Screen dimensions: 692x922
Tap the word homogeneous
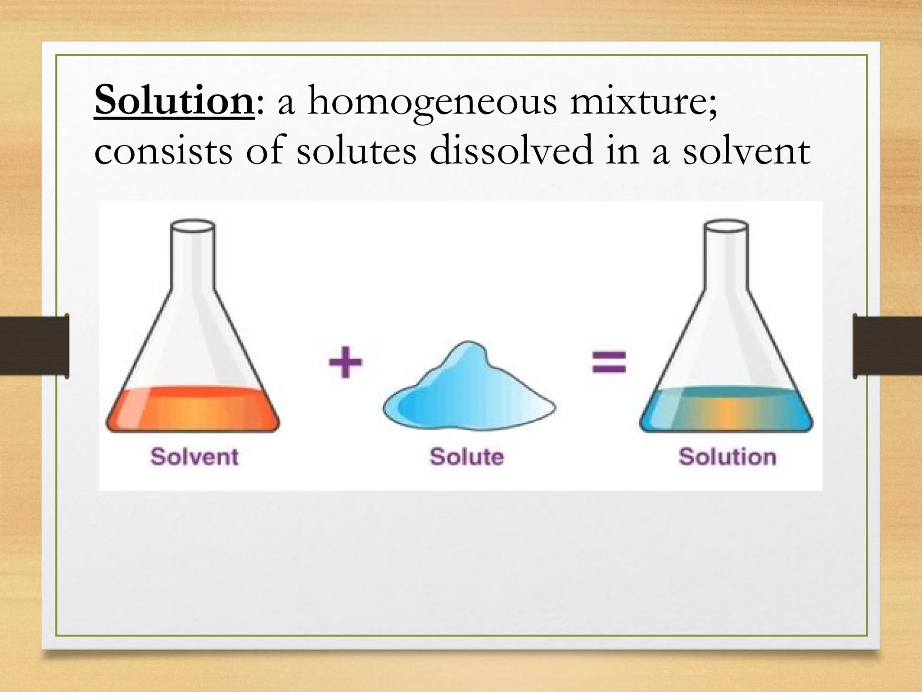(432, 103)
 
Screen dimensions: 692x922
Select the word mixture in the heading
(642, 102)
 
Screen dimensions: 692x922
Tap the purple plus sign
(345, 362)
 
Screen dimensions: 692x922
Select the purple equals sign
(609, 362)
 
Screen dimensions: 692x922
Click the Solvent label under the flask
(194, 457)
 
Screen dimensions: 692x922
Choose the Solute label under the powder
(467, 457)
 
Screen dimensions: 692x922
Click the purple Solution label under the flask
(728, 457)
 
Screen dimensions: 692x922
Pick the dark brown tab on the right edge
(887, 346)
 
